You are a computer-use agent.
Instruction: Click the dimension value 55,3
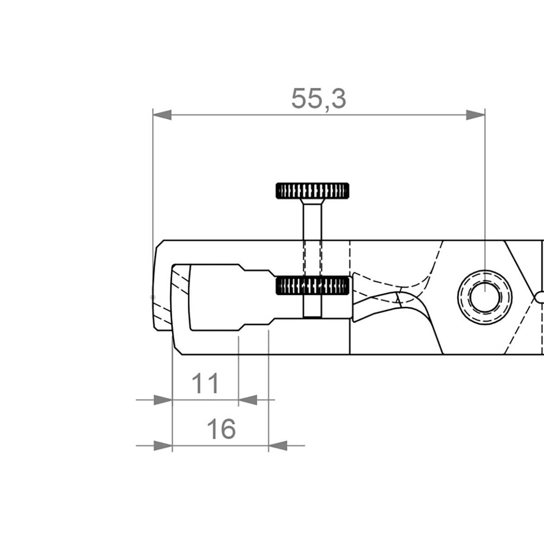pyautogui.click(x=318, y=98)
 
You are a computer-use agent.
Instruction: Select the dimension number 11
pyautogui.click(x=205, y=384)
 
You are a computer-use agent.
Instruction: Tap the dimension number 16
pyautogui.click(x=221, y=428)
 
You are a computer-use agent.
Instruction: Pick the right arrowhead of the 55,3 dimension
pyautogui.click(x=476, y=115)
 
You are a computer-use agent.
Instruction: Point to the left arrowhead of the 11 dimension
pyautogui.click(x=163, y=400)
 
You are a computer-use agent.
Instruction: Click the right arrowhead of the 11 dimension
pyautogui.click(x=248, y=400)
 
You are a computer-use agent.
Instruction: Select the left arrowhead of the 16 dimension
pyautogui.click(x=163, y=446)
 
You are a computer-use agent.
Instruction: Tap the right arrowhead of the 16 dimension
pyautogui.click(x=278, y=446)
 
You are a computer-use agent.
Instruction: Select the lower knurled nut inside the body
pyautogui.click(x=312, y=286)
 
